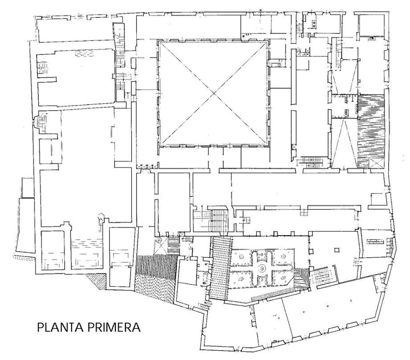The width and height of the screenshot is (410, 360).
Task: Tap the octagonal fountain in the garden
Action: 261,267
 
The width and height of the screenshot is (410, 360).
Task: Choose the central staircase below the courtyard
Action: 219,220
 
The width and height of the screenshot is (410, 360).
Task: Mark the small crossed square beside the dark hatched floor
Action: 376,163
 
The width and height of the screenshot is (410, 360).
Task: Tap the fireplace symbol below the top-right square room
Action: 371,38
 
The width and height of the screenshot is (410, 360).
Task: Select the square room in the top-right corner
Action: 371,25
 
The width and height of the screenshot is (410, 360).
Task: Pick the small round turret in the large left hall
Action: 101,216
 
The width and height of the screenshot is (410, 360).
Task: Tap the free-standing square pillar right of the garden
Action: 337,250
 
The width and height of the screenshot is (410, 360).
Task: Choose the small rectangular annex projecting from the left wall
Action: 28,188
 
